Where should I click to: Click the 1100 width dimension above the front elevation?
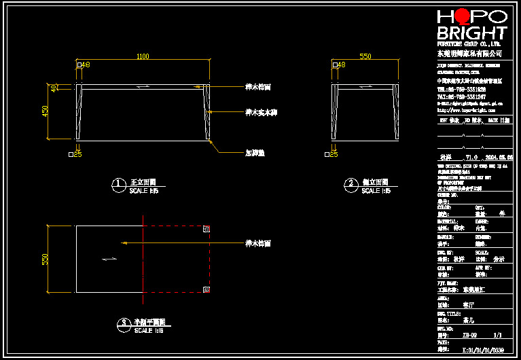tap(143, 56)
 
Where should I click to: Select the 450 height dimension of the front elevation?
tap(46, 111)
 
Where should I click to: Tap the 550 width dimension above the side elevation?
tap(365, 56)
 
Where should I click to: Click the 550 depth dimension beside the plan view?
tap(46, 259)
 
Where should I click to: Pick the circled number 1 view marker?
tap(118, 183)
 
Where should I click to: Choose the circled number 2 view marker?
tap(351, 183)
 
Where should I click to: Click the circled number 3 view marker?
tap(123, 323)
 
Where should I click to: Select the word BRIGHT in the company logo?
tap(471, 33)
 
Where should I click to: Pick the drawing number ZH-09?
tap(469, 335)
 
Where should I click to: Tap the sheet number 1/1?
tap(497, 335)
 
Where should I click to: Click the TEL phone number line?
tap(461, 89)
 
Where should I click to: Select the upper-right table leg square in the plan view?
tap(206, 229)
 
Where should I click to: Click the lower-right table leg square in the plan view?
tap(206, 289)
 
